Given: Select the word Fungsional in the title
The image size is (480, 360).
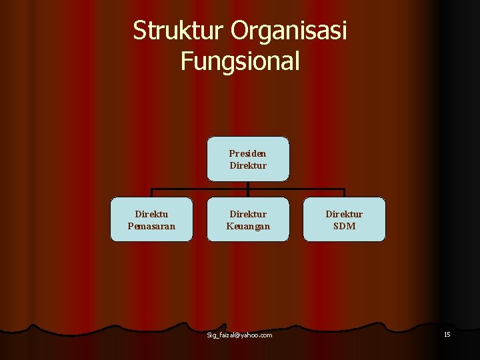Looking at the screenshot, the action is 240,61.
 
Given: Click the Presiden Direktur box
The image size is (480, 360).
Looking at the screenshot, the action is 248,159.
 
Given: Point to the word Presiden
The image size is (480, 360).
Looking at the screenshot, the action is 248,153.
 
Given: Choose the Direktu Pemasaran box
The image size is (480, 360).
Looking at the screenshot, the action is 151,219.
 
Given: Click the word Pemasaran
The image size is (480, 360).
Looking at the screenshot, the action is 151,226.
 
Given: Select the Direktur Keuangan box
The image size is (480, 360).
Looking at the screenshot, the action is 248,219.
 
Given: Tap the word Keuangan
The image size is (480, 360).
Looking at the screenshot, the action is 248,226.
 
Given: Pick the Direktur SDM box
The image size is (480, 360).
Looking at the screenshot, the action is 344,219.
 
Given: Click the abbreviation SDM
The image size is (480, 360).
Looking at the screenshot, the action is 344,226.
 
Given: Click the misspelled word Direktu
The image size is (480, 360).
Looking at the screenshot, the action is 151,214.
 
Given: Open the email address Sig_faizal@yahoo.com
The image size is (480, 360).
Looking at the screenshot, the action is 239,335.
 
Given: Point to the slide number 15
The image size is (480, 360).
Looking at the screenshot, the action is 447,334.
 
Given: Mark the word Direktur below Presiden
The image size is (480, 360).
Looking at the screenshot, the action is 248,165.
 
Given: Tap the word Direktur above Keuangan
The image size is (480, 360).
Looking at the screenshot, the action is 248,214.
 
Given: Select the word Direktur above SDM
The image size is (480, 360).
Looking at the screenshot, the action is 344,214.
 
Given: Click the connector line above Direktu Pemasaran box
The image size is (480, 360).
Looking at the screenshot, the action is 152,193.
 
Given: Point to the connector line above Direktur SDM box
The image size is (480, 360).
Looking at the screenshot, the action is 344,193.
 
